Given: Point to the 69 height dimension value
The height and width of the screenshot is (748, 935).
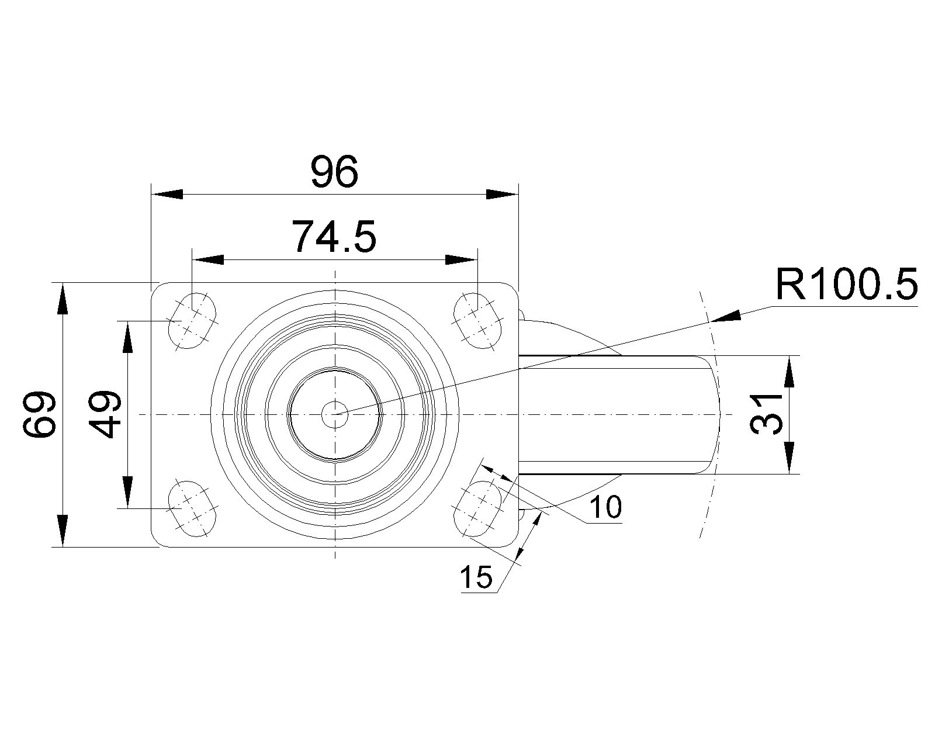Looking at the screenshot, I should click(40, 415).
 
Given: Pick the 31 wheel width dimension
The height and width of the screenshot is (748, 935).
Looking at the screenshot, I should click(766, 414).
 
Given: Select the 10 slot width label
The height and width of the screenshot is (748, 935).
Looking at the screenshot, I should click(606, 508).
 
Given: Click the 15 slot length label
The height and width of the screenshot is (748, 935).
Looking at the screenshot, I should click(476, 577).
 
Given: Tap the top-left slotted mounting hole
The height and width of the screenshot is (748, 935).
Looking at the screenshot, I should click(192, 320).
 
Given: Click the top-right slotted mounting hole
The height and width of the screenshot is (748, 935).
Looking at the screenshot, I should click(477, 320).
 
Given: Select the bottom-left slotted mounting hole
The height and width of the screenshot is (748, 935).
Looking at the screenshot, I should click(192, 508).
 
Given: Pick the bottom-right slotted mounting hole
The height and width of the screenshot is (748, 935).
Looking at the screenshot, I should click(477, 508).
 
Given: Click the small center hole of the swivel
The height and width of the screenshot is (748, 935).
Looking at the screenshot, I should click(335, 414).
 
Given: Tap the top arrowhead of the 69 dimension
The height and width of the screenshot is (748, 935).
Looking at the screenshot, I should click(63, 298).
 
